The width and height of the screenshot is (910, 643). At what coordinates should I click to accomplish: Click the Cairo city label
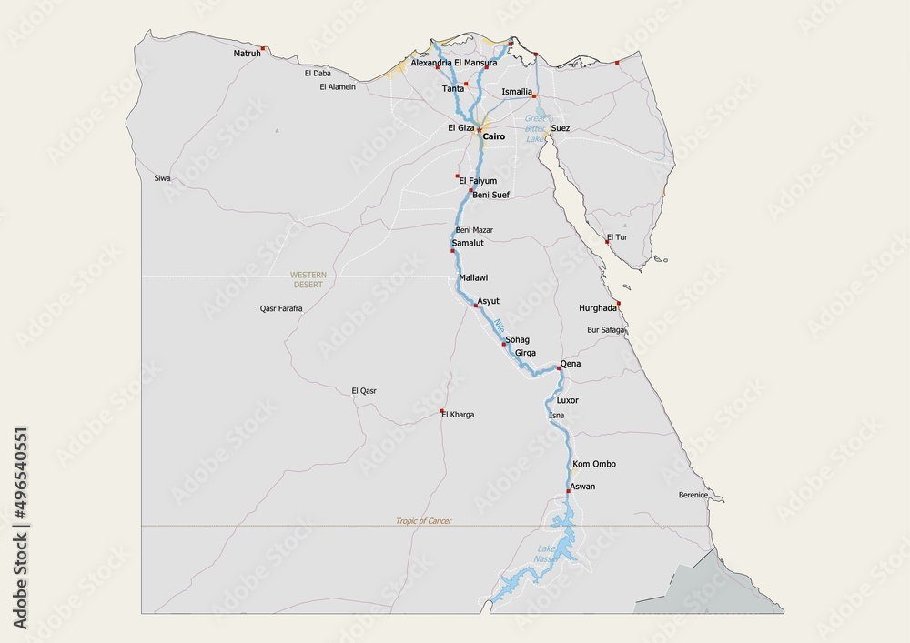click(493, 136)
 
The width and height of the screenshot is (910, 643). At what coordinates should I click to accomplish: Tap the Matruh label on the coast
click(247, 54)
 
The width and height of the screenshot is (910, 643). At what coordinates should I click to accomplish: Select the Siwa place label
click(162, 178)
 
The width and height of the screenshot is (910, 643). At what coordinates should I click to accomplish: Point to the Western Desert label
click(308, 279)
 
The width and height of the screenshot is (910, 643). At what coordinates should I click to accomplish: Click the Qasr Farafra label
click(281, 308)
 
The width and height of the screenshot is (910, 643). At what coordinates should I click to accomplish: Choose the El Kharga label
click(458, 415)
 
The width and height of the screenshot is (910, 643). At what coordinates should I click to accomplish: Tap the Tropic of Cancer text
click(423, 521)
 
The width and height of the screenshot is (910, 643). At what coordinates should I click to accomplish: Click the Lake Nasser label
click(546, 553)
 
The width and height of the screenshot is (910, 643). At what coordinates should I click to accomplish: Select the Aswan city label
click(582, 487)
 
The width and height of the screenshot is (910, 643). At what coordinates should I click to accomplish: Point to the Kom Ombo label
click(594, 464)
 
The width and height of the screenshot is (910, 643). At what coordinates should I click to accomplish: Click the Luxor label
click(567, 400)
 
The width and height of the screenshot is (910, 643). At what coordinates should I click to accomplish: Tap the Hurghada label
click(597, 308)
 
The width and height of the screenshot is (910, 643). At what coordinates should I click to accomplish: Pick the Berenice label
click(693, 495)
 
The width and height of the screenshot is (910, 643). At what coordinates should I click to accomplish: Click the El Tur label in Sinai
click(617, 237)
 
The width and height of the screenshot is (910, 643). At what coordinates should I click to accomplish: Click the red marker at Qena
click(558, 368)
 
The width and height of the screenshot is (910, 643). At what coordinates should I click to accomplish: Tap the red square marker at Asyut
click(474, 306)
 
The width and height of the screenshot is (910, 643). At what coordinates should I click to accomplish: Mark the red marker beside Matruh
click(263, 48)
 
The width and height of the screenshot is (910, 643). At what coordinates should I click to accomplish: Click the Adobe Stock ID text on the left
click(20, 527)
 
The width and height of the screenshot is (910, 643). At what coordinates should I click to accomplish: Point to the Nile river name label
click(499, 325)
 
